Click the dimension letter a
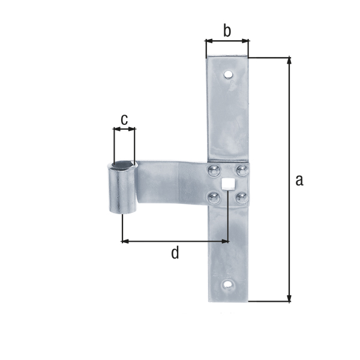coord(299,179)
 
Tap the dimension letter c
coord(124,119)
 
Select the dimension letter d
coord(175,253)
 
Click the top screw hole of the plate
coord(228,76)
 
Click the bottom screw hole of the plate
coord(228,284)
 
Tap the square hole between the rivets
coord(227,184)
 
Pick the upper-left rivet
coord(212,170)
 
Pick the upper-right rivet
coord(241,170)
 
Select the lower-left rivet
coord(212,196)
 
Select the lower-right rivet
coord(241,196)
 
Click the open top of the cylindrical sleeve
coord(123,164)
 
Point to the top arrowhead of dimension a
coord(290,61)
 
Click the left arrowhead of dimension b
coord(208,41)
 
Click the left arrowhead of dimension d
coord(125,241)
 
